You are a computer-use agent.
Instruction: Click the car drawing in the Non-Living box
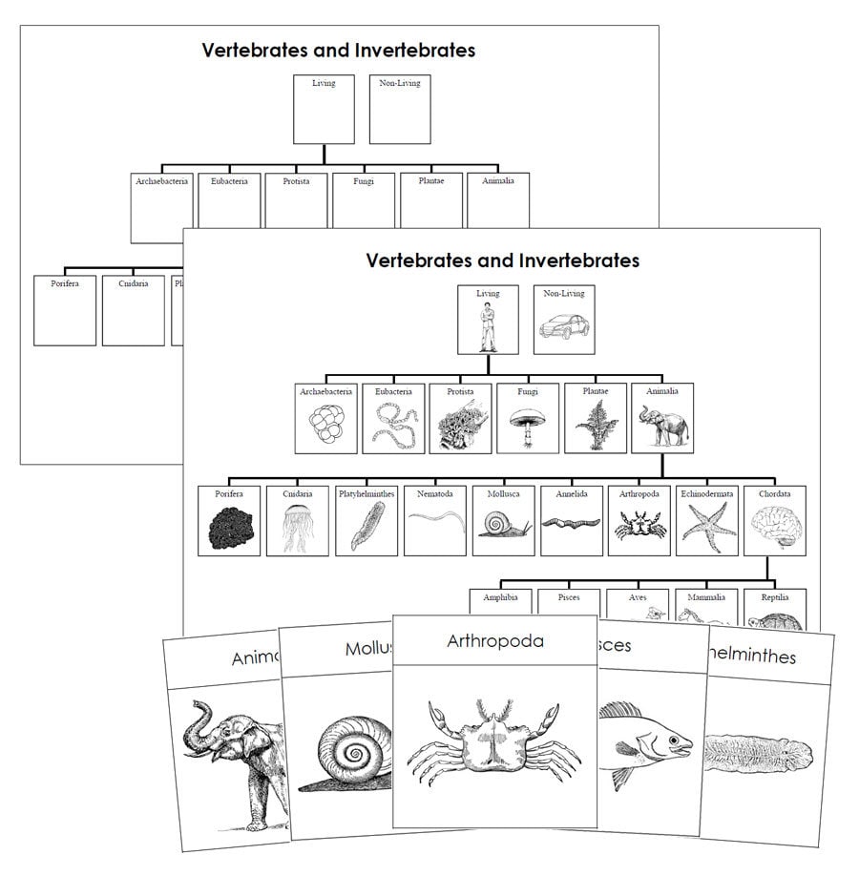[563, 330]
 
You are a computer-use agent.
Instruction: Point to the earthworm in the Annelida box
[571, 523]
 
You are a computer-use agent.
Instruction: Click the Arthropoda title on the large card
[494, 640]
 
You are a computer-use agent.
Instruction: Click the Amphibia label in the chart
[500, 597]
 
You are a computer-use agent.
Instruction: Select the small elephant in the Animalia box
[662, 426]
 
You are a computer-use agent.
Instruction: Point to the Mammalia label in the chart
[706, 597]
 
